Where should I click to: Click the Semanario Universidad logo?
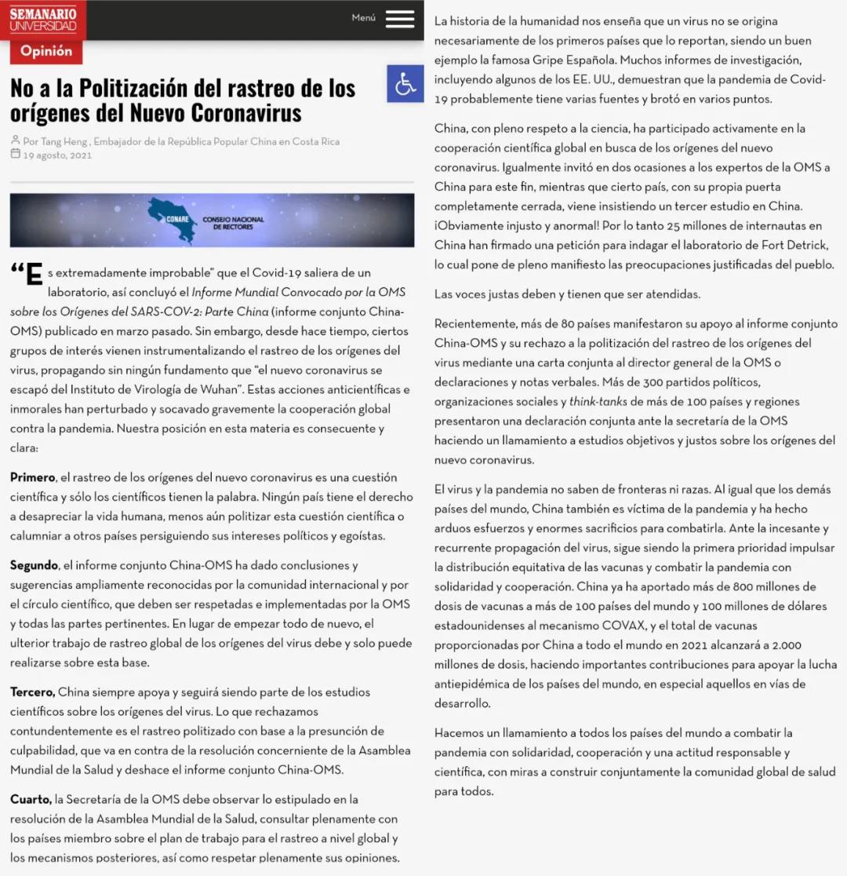43,20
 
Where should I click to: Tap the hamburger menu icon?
400,20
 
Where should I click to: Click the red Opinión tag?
46,52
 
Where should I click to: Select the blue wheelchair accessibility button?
405,84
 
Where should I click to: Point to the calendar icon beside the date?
15,154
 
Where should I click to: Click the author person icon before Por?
15,141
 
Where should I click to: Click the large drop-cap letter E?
33,276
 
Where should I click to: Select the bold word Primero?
32,477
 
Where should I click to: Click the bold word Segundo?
34,565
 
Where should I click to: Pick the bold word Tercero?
32,692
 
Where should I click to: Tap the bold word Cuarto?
31,799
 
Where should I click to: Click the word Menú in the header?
363,17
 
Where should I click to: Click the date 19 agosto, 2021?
57,155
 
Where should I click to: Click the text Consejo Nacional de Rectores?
233,222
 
